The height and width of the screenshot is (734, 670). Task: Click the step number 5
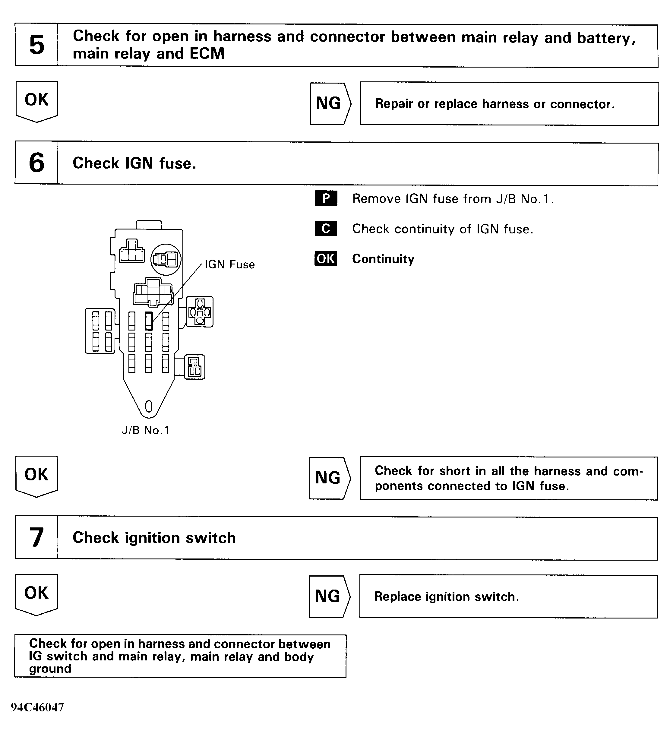pos(36,45)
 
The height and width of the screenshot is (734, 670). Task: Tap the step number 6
pos(36,163)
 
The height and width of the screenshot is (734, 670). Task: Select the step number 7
pos(36,537)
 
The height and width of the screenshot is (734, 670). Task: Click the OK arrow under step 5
pos(37,100)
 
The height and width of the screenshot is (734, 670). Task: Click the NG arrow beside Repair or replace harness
pos(330,104)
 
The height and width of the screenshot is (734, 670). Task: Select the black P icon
pos(326,198)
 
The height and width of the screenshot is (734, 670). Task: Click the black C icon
pos(326,229)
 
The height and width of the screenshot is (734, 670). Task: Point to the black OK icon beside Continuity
pos(326,259)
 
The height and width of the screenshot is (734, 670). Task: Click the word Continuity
pos(383,259)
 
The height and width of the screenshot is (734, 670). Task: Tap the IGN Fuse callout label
pos(229,264)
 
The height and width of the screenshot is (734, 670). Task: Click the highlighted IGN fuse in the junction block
pos(149,321)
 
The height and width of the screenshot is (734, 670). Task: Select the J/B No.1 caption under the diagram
pos(146,430)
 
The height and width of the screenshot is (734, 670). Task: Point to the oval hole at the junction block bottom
pos(149,406)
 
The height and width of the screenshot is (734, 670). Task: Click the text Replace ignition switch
pos(447,596)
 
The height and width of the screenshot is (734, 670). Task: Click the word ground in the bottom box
pos(50,669)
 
